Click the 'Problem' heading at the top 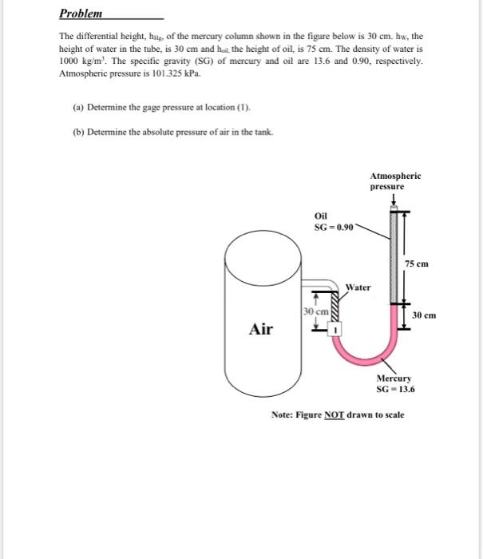point(82,14)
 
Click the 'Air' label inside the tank point(262,329)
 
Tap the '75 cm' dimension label point(416,264)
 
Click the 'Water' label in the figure point(358,287)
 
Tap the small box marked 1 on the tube point(336,329)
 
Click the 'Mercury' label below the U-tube point(394,379)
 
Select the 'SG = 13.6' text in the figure point(396,390)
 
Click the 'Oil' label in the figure point(321,215)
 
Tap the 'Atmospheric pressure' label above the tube point(395,180)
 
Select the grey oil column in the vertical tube point(392,256)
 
